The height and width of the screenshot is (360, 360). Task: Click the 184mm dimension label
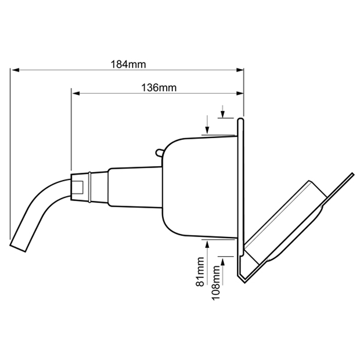[128, 65]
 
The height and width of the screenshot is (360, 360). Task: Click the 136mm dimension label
[158, 87]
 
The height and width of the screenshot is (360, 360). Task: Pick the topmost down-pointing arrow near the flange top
[222, 114]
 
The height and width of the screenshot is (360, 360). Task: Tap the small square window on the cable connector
[78, 187]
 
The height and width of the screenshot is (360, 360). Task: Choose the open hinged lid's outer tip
[352, 176]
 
